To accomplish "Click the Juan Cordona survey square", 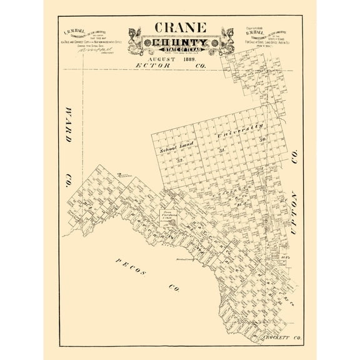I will point(167,217).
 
